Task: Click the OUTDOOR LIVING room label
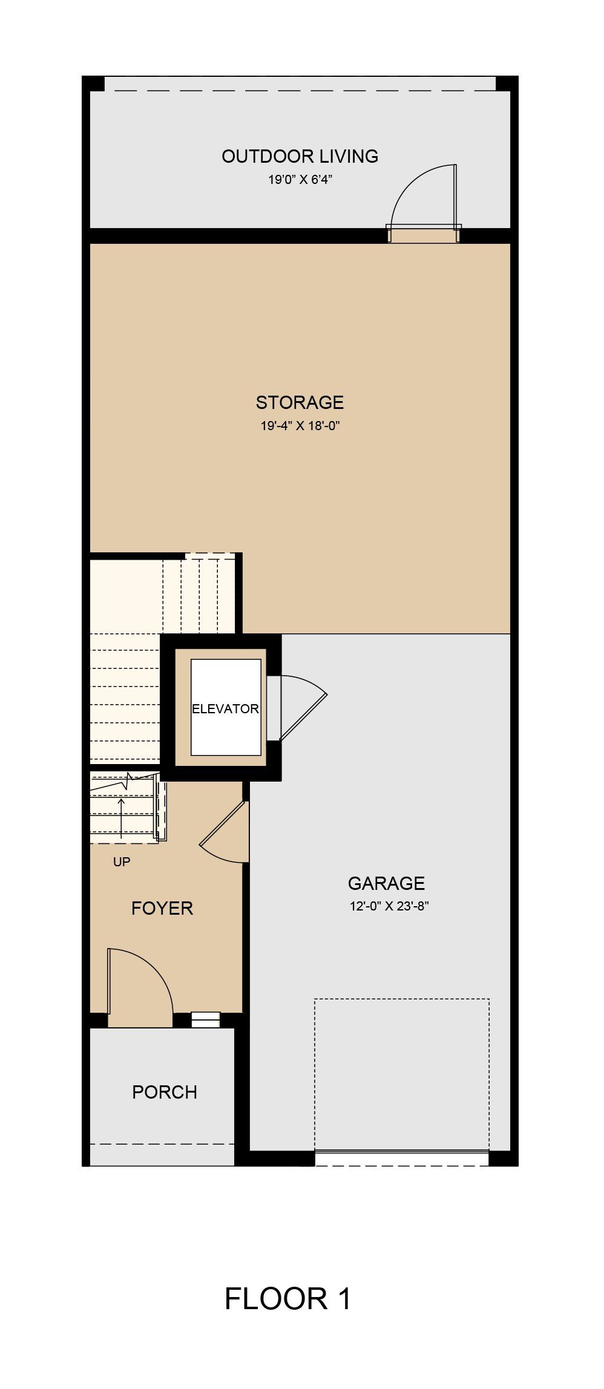click(300, 156)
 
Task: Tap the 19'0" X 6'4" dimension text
click(301, 180)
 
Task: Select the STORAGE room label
click(300, 402)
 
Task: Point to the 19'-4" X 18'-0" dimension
click(300, 425)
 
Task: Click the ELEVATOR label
click(225, 708)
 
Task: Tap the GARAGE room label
click(386, 883)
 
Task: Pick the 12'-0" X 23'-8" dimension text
click(389, 906)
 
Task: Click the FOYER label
click(162, 908)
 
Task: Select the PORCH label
click(165, 1092)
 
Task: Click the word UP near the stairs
click(122, 861)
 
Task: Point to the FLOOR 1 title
click(287, 1299)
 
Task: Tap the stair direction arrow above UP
click(121, 818)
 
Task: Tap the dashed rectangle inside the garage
click(401, 1073)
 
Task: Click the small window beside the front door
click(206, 1020)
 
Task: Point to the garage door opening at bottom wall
click(401, 1157)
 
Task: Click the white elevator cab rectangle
click(226, 707)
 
